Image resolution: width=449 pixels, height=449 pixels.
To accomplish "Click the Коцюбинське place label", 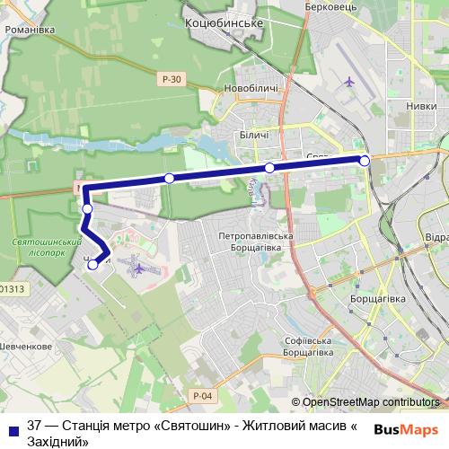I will click(222, 22).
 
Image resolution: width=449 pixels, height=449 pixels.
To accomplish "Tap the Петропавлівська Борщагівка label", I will click(257, 238).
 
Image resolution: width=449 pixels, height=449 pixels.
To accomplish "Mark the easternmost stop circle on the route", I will click(365, 161).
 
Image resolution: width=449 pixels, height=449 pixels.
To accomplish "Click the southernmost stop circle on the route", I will click(92, 264).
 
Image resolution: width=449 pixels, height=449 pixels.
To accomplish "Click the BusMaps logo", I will click(407, 428).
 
